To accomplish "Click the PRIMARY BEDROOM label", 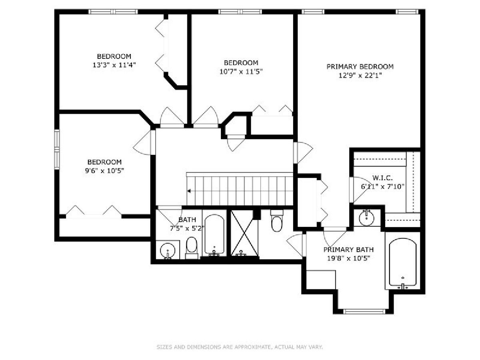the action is pyautogui.click(x=360, y=66).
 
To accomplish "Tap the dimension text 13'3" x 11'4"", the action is pyautogui.click(x=114, y=65).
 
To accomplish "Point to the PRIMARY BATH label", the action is pyautogui.click(x=348, y=250).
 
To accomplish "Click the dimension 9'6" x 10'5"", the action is pyautogui.click(x=104, y=170).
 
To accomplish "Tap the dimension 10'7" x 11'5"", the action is pyautogui.click(x=241, y=72).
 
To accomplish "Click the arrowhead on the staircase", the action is pyautogui.click(x=189, y=191).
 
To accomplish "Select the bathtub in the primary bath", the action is pyautogui.click(x=402, y=264).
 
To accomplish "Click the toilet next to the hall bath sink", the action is pyautogui.click(x=192, y=248).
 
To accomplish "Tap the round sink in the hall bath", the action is pyautogui.click(x=168, y=250).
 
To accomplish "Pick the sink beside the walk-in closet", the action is pyautogui.click(x=367, y=218).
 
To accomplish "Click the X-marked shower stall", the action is pyautogui.click(x=244, y=233).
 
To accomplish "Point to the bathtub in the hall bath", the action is pyautogui.click(x=214, y=235).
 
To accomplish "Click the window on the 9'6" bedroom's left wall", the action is pyautogui.click(x=57, y=149).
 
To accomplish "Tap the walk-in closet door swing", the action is pyautogui.click(x=361, y=190).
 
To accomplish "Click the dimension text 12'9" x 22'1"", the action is pyautogui.click(x=360, y=76).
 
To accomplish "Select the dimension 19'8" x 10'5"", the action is pyautogui.click(x=348, y=258).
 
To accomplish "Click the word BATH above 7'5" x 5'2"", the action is pyautogui.click(x=187, y=220).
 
